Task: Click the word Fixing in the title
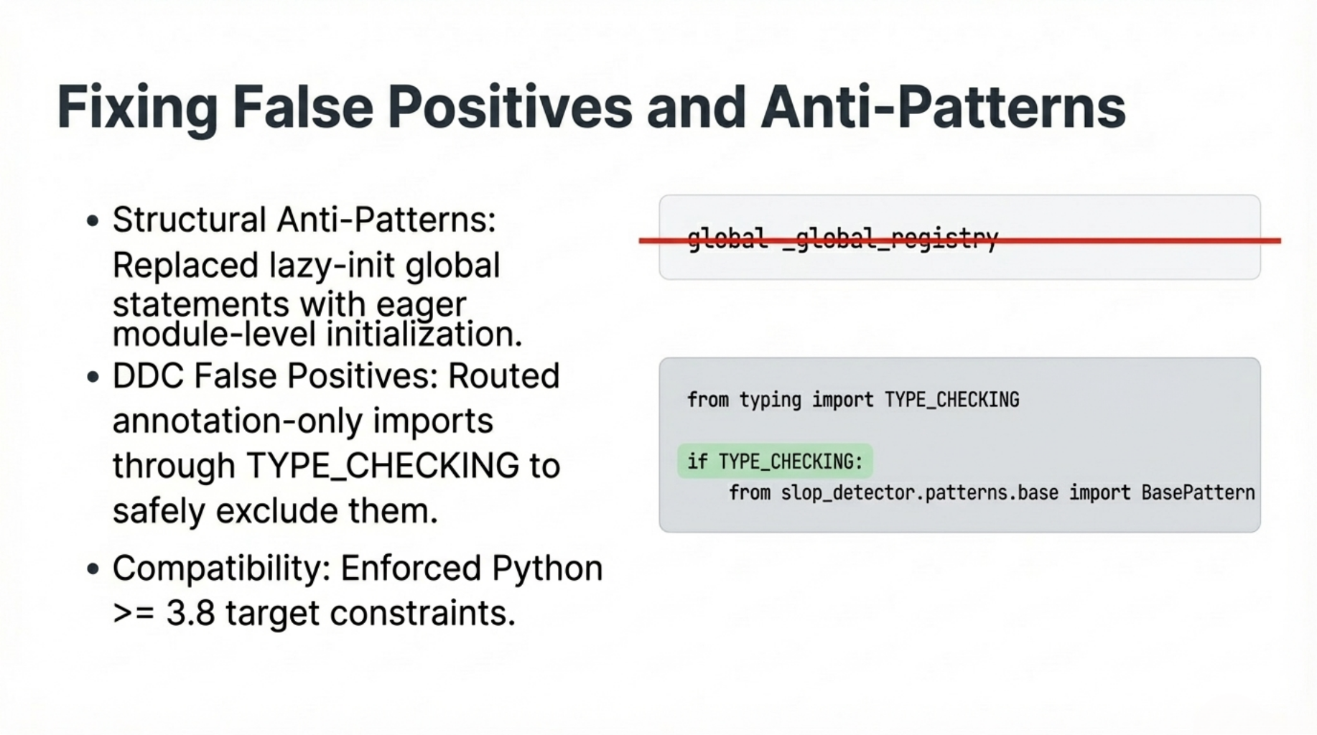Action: (x=136, y=108)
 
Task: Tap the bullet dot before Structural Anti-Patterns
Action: (x=92, y=221)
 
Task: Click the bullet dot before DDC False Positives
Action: (x=92, y=377)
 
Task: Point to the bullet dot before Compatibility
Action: (x=92, y=569)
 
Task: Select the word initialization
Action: (x=424, y=334)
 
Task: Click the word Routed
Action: (x=504, y=376)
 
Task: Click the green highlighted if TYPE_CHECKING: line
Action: (x=775, y=461)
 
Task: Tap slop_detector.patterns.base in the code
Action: (x=920, y=493)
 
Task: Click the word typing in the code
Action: (x=771, y=400)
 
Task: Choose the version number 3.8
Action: (x=191, y=614)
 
